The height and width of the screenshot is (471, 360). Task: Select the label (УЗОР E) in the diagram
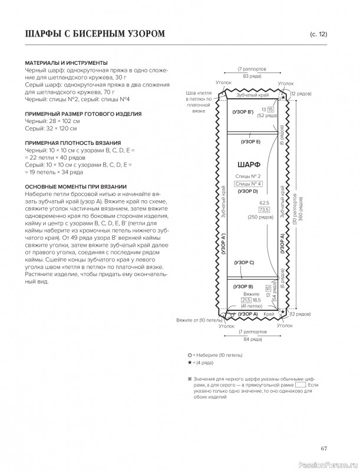point(251,142)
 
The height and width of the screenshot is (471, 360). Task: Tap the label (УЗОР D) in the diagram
point(248,191)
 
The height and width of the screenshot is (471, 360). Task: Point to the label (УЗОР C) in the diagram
point(244,262)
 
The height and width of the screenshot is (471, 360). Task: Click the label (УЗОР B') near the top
point(243,111)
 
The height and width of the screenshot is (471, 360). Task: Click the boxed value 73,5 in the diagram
point(263,210)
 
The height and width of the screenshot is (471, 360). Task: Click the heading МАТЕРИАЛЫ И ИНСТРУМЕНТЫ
point(66,62)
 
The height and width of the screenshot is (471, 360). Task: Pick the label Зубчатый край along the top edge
point(253,95)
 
